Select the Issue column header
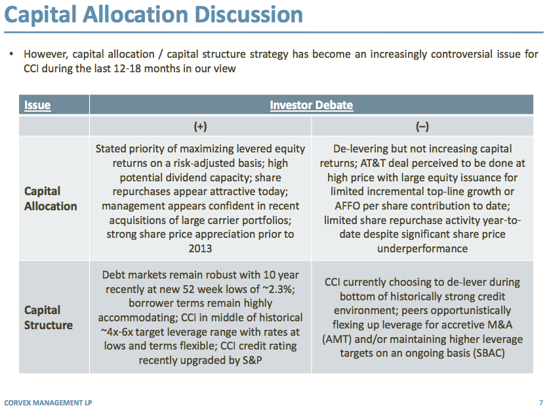tap(37, 105)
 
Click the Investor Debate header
tap(312, 105)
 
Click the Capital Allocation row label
tap(51, 198)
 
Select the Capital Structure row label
tap(49, 317)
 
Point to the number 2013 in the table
tap(200, 248)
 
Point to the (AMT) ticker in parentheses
tap(336, 338)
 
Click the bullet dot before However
tap(11, 55)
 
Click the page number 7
tap(540, 401)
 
